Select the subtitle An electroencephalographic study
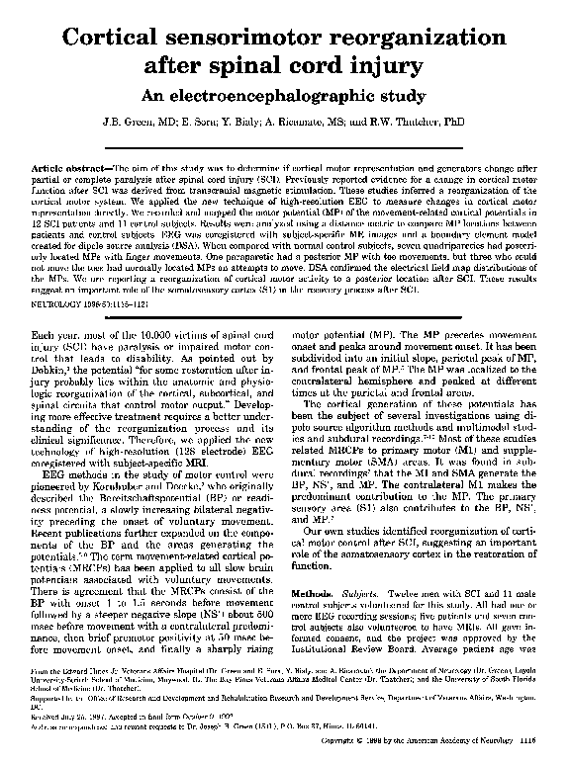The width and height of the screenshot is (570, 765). pos(284,98)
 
